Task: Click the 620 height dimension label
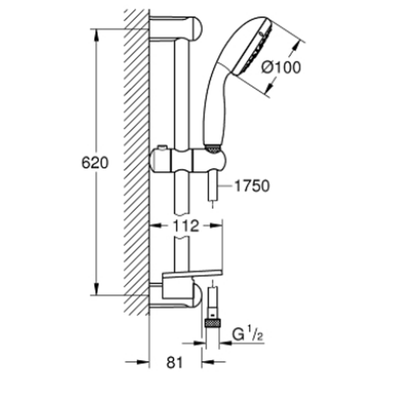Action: coord(95,163)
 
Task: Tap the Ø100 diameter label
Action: coord(281,67)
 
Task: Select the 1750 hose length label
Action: coord(252,186)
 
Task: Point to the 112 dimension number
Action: coord(186,226)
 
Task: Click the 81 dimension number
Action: coord(175,363)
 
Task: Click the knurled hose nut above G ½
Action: coord(213,323)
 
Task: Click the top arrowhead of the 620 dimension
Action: coord(96,35)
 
